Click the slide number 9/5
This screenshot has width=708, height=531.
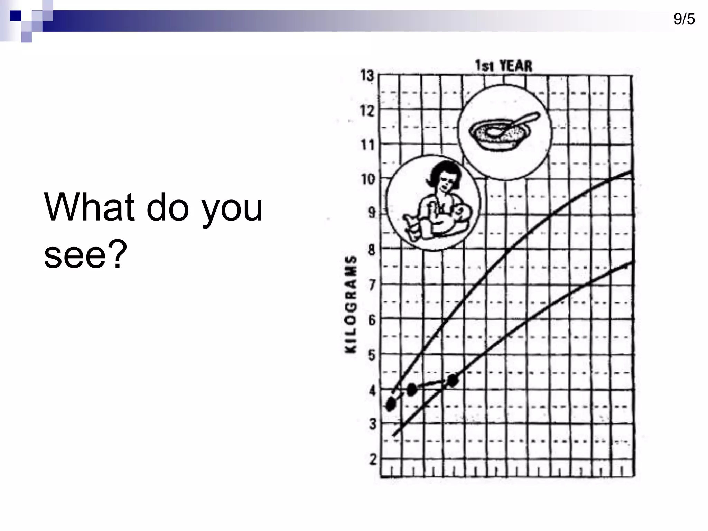pyautogui.click(x=684, y=19)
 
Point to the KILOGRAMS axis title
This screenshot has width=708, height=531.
pyautogui.click(x=351, y=305)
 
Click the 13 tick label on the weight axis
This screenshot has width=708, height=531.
pyautogui.click(x=367, y=75)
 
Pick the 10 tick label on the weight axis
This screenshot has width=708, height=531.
pyautogui.click(x=368, y=179)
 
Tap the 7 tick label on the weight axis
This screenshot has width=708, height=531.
pyautogui.click(x=372, y=285)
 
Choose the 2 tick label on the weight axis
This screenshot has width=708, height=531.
pyautogui.click(x=373, y=460)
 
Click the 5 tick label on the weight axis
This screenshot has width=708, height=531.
pyautogui.click(x=372, y=355)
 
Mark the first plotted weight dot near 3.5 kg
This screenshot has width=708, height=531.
pyautogui.click(x=391, y=404)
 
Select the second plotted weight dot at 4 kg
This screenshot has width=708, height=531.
pyautogui.click(x=412, y=390)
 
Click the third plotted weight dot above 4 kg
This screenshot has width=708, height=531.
pyautogui.click(x=453, y=380)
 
